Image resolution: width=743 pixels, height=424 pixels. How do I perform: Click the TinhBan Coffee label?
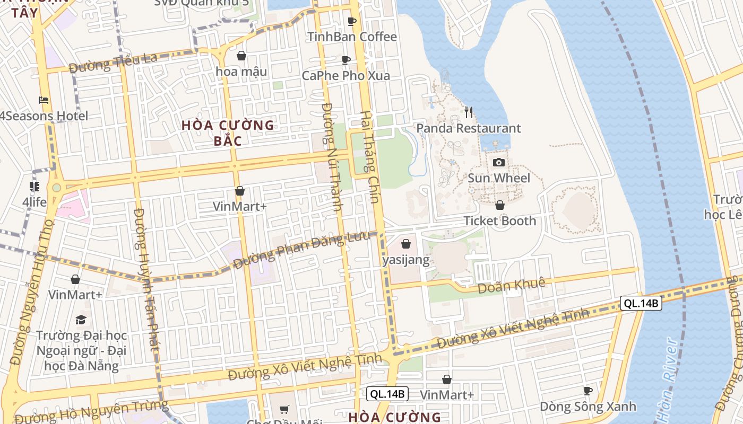point(352,37)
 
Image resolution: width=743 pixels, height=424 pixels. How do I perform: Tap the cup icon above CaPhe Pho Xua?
point(346,60)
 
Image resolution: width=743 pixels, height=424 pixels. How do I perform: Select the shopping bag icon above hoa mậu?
point(241,56)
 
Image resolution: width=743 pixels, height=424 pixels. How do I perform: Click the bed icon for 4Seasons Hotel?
point(44,100)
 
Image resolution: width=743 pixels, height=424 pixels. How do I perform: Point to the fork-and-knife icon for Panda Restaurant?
point(469,112)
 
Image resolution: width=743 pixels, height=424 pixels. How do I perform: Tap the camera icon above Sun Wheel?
point(498,162)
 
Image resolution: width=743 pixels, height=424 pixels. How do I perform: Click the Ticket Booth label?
point(500,220)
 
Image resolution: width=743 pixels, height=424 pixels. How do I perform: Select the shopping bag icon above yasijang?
point(406,244)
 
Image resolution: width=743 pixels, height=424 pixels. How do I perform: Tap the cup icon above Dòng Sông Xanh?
point(588,391)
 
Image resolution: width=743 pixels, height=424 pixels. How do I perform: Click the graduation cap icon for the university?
point(81,320)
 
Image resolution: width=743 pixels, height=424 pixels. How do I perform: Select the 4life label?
point(34,202)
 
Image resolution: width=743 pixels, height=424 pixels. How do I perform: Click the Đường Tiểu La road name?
point(113,63)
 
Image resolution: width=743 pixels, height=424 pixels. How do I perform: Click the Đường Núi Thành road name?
point(331,157)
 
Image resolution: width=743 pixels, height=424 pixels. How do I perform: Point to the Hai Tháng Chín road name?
point(370,157)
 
